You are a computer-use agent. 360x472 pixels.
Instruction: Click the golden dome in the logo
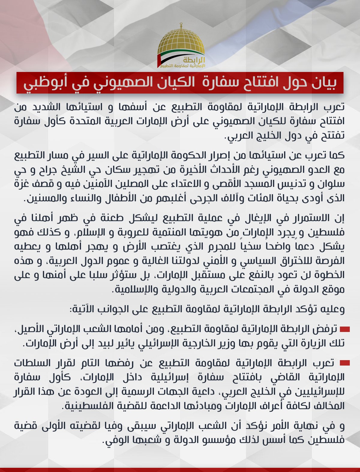(x=181, y=42)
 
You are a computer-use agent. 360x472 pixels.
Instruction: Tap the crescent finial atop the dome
(x=181, y=24)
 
